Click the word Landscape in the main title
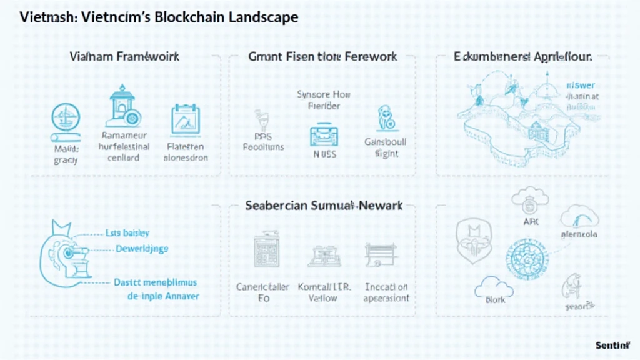pos(257,17)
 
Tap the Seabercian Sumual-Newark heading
pos(324,205)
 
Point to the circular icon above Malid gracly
pos(65,119)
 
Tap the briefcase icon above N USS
pos(323,135)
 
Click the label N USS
pos(324,154)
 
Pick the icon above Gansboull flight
pos(385,121)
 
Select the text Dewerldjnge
pos(142,249)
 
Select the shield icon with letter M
pos(473,239)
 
